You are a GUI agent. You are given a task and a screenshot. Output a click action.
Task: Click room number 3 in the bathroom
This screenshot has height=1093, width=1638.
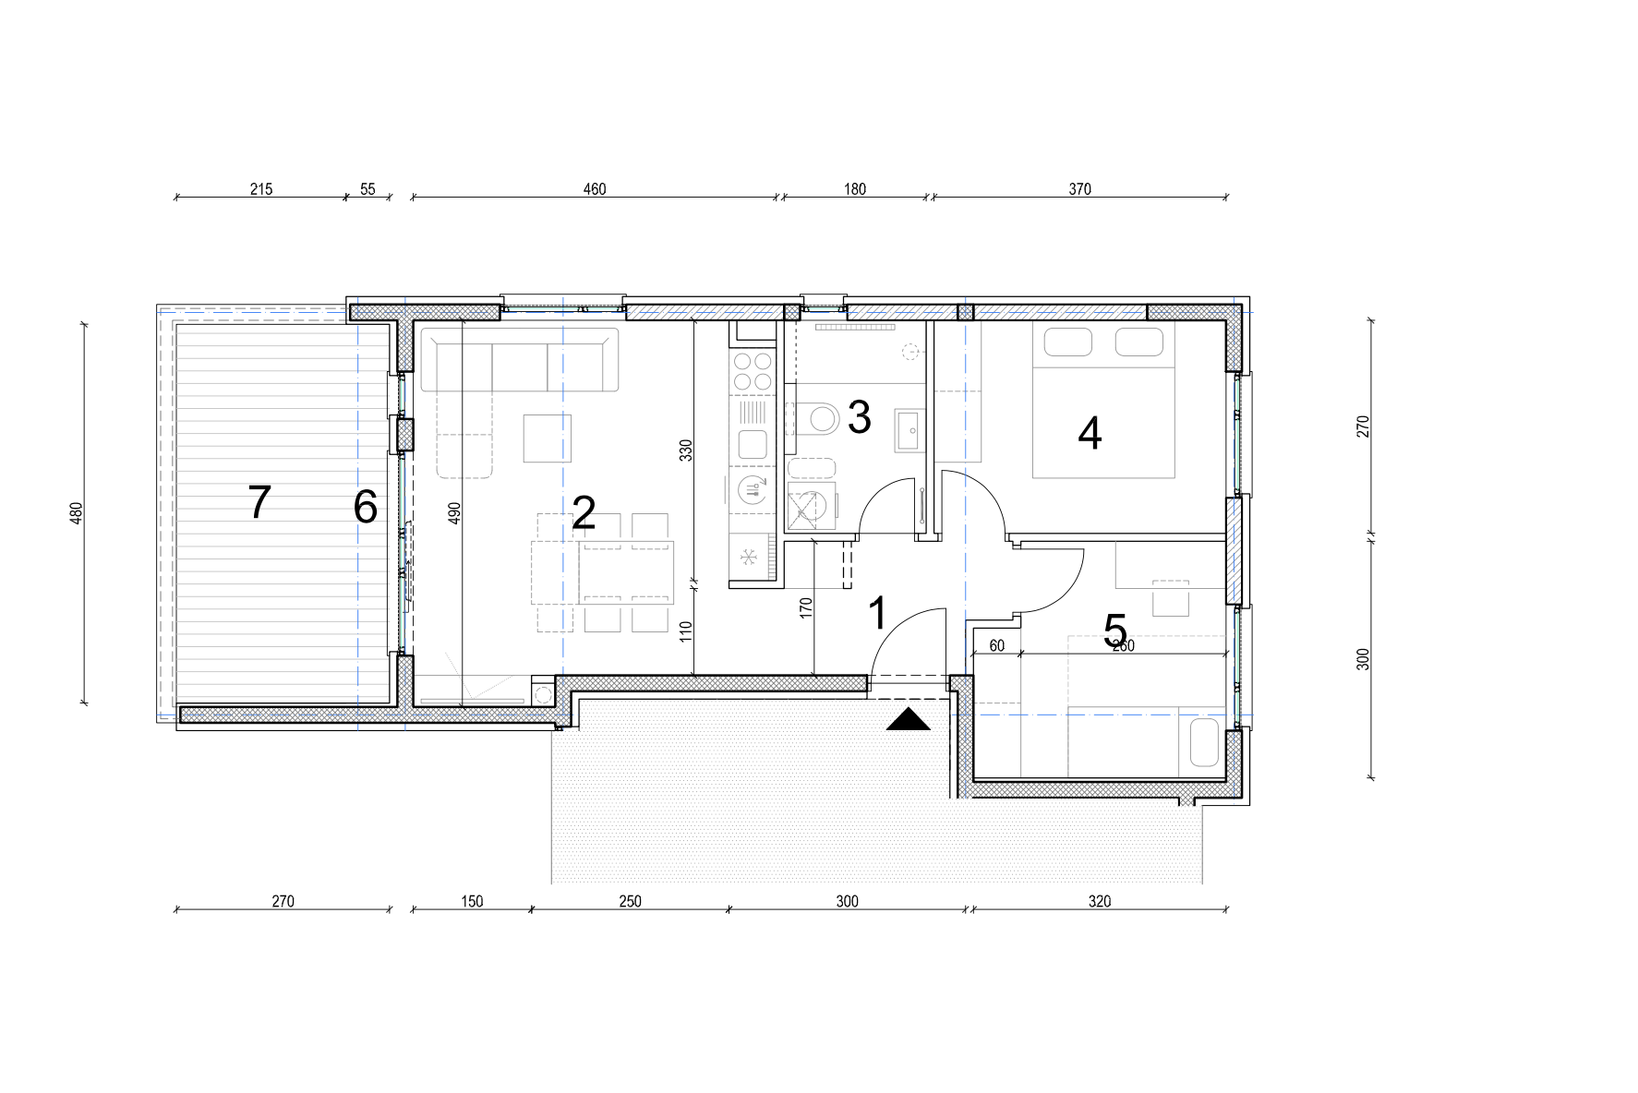(x=859, y=417)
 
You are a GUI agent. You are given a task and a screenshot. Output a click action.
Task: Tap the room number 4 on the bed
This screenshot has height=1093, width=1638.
(x=1090, y=433)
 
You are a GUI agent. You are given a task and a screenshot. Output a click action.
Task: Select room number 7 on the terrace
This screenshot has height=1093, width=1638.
(x=259, y=502)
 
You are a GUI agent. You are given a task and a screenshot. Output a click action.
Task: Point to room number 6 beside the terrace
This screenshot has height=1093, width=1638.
(x=366, y=507)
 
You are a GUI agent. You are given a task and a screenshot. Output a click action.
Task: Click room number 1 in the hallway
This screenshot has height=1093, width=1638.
(x=877, y=613)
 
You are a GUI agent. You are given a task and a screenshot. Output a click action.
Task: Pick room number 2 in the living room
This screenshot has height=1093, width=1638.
(x=584, y=513)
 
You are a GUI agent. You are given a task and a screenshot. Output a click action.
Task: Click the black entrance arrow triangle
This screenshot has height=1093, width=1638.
(x=909, y=719)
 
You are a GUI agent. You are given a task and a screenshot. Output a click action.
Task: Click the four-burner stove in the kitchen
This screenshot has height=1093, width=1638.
(x=752, y=370)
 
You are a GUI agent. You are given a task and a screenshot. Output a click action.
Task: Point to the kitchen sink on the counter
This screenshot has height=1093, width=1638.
(x=752, y=445)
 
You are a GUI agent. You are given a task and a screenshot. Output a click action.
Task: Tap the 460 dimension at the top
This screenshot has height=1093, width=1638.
(x=595, y=189)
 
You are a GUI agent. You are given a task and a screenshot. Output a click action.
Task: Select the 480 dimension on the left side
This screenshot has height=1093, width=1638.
(x=77, y=513)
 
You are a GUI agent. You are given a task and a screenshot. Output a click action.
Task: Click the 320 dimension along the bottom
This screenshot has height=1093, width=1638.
(x=1099, y=901)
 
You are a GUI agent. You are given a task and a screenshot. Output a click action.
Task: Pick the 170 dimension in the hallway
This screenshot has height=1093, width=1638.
(x=806, y=608)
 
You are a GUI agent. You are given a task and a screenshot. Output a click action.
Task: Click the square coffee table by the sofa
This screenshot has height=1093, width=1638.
(x=548, y=438)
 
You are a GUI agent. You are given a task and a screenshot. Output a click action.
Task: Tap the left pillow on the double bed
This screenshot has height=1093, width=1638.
(x=1068, y=342)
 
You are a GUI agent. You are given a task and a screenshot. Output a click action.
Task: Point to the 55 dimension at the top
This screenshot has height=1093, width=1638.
(x=367, y=189)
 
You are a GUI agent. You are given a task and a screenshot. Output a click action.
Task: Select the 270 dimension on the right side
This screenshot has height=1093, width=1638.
(x=1363, y=426)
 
